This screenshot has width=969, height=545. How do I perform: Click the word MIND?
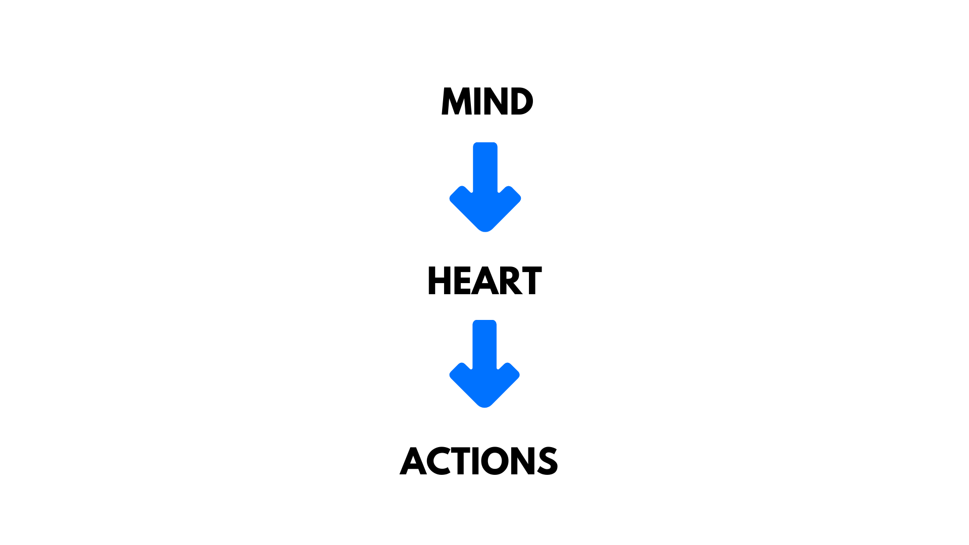click(487, 101)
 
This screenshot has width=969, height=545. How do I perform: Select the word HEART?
click(484, 281)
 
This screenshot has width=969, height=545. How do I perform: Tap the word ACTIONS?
click(478, 461)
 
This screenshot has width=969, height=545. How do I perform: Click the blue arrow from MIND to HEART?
click(485, 187)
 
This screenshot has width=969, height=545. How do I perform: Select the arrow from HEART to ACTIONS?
click(484, 364)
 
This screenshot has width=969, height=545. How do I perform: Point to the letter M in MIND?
click(456, 101)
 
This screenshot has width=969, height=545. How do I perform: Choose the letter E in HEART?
click(462, 281)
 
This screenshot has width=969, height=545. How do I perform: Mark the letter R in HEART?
click(510, 281)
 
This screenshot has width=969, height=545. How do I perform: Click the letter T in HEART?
click(532, 281)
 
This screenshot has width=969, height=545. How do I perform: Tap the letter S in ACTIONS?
click(548, 461)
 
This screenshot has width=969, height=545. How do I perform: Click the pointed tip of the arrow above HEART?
click(485, 232)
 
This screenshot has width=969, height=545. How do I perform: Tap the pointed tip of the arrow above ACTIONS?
click(484, 407)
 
